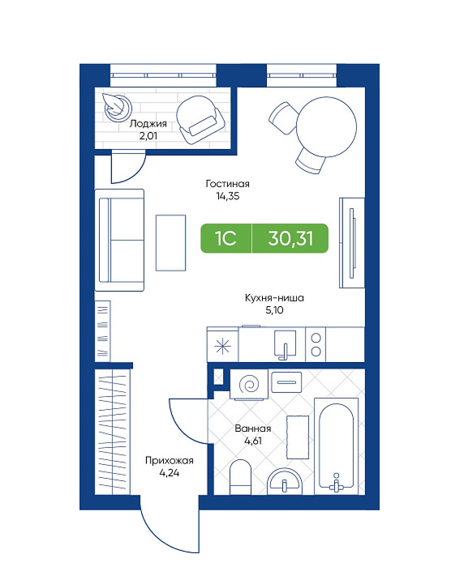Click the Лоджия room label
(148, 124)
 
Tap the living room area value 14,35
(227, 196)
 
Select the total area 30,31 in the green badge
(290, 238)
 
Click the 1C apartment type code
(225, 238)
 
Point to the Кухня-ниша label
(274, 298)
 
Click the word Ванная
(253, 428)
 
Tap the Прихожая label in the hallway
(170, 460)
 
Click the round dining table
(327, 126)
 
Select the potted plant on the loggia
(117, 105)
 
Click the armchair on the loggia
(201, 120)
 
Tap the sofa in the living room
(119, 240)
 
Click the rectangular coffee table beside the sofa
(170, 243)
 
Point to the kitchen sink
(285, 344)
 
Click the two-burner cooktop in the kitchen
(316, 344)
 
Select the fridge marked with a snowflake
(222, 344)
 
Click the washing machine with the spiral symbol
(249, 385)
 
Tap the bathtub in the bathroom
(336, 446)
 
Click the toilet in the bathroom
(241, 476)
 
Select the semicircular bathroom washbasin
(285, 481)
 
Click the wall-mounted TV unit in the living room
(352, 243)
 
